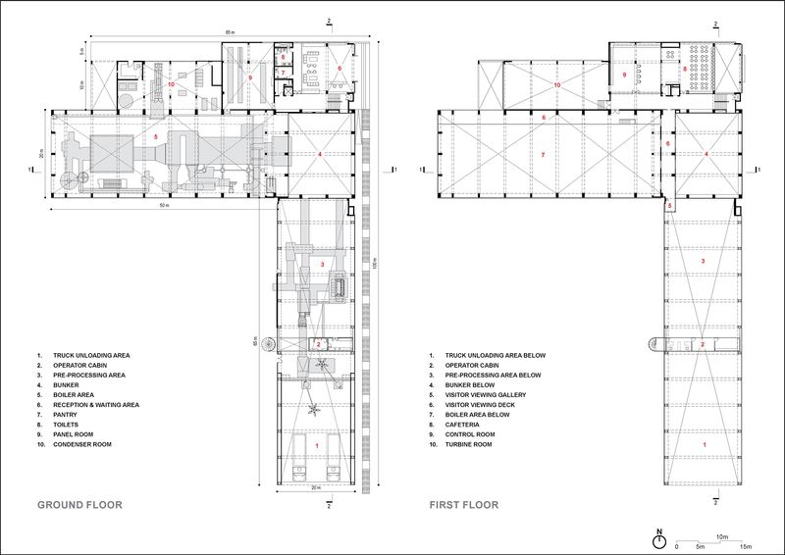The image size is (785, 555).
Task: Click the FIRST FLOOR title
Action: (x=463, y=506)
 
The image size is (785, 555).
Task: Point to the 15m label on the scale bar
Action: (x=745, y=546)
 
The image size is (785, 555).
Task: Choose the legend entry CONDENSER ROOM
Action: (x=85, y=443)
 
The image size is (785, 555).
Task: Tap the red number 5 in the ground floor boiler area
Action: (x=155, y=134)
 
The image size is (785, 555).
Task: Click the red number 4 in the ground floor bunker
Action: (x=320, y=154)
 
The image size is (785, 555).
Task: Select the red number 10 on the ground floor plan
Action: (x=171, y=84)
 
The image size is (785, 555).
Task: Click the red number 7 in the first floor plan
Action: (x=542, y=154)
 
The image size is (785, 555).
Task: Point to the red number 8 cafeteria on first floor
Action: (x=684, y=69)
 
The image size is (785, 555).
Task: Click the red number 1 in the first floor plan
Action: (x=703, y=444)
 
